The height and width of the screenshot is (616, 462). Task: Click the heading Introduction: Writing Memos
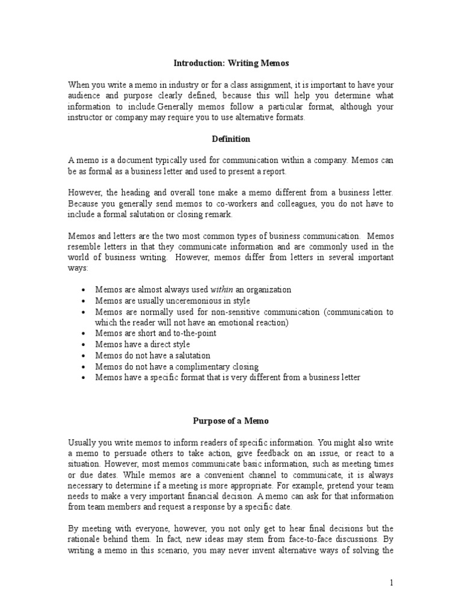[230, 62]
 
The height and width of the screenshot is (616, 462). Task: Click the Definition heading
[231, 139]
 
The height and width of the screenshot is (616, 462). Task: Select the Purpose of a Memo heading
[231, 421]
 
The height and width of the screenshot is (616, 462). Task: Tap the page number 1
[391, 582]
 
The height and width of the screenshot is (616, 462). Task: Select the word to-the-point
[194, 333]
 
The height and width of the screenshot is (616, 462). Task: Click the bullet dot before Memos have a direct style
[82, 345]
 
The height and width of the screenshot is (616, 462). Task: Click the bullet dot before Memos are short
[82, 333]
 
